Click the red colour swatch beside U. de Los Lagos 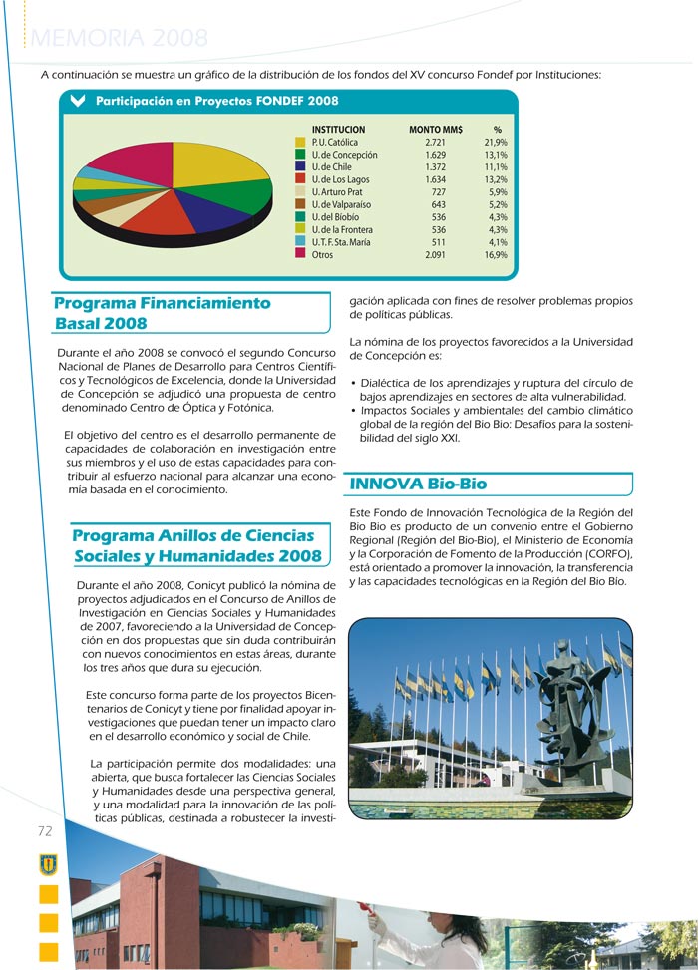point(300,179)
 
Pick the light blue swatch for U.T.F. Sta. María point(300,242)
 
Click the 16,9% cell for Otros point(495,255)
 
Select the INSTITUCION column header point(338,130)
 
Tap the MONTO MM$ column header point(435,130)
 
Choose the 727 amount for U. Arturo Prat point(438,192)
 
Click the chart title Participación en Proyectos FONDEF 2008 point(216,101)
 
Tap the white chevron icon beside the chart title point(78,101)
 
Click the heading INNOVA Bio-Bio point(418,485)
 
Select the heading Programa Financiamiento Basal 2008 point(163,313)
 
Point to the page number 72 point(45,831)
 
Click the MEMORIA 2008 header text point(121,39)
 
